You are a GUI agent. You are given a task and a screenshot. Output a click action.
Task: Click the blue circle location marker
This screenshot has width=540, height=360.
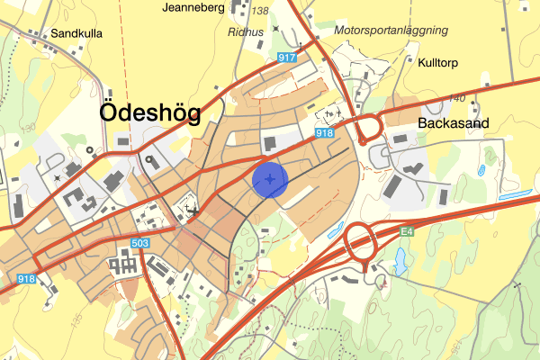(269, 179)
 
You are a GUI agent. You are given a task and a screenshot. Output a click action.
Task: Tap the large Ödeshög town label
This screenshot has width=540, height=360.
(150, 112)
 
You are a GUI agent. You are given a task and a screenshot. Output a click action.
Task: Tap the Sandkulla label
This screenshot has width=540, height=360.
(76, 33)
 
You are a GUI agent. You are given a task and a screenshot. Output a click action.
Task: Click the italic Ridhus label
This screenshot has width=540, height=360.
(245, 31)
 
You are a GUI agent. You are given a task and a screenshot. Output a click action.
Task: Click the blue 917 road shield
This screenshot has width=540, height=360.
(287, 58)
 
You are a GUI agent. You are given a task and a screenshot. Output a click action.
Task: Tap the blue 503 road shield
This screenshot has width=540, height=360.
(139, 244)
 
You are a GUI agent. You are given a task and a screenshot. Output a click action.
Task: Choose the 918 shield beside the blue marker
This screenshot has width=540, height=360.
(325, 133)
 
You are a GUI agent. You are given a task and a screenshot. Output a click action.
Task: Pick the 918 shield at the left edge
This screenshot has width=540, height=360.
(26, 279)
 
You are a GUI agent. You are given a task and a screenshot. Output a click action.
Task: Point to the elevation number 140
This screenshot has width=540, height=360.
(456, 97)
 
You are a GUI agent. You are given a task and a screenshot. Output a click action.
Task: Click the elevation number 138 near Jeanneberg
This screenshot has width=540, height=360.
(260, 11)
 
